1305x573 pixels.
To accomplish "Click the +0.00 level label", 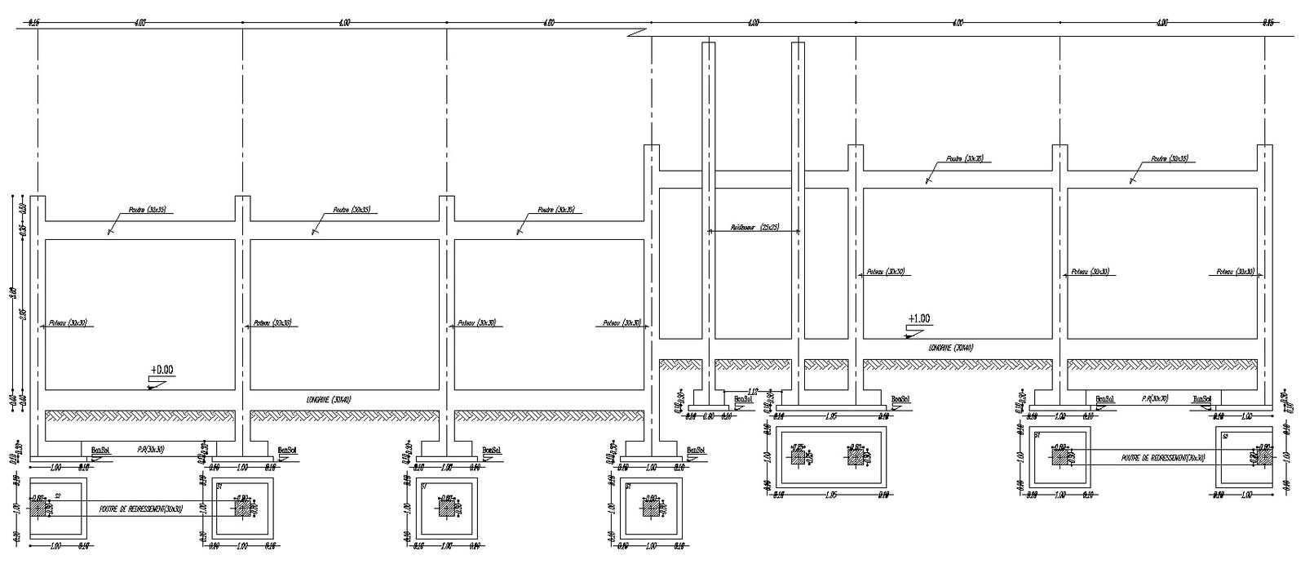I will tap(162, 370).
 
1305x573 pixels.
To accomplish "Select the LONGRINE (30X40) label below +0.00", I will tap(329, 399).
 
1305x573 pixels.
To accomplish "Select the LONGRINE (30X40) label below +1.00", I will tap(951, 347).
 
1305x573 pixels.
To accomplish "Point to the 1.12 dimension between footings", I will tap(752, 392).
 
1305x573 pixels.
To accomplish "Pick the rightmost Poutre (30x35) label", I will tap(1170, 159).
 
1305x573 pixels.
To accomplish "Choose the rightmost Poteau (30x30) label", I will tap(1235, 271).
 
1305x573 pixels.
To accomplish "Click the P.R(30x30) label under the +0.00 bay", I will tap(150, 449).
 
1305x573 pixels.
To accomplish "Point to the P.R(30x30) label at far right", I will tap(1155, 398).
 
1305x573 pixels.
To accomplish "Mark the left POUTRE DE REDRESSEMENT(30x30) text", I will tap(140, 509).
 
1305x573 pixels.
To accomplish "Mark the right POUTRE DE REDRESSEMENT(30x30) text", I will tap(1163, 458).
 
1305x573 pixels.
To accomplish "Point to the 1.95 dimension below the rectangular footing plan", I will tap(832, 495).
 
